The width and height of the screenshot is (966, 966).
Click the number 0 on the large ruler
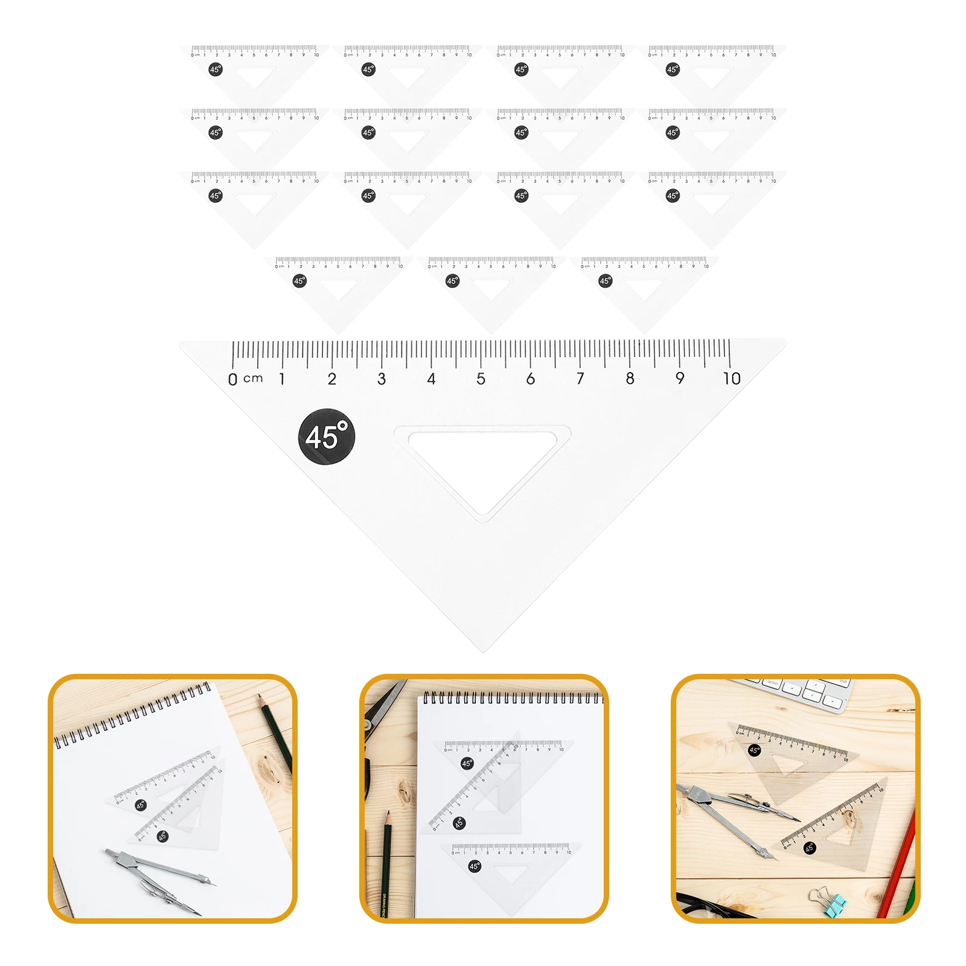click(x=232, y=379)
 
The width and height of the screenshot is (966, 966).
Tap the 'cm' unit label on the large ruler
click(x=253, y=379)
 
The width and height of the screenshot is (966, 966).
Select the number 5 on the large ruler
click(x=481, y=379)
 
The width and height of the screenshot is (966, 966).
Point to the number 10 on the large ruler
click(x=731, y=379)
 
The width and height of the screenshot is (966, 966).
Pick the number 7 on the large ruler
click(x=580, y=379)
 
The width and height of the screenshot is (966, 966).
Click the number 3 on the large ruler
click(x=382, y=379)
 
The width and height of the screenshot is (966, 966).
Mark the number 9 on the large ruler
click(x=680, y=379)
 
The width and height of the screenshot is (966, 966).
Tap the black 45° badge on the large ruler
click(x=327, y=437)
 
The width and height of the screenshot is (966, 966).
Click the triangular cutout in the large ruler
click(x=483, y=465)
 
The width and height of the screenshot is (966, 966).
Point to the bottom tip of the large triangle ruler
click(x=484, y=650)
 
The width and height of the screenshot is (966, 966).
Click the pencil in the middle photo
click(x=386, y=863)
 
